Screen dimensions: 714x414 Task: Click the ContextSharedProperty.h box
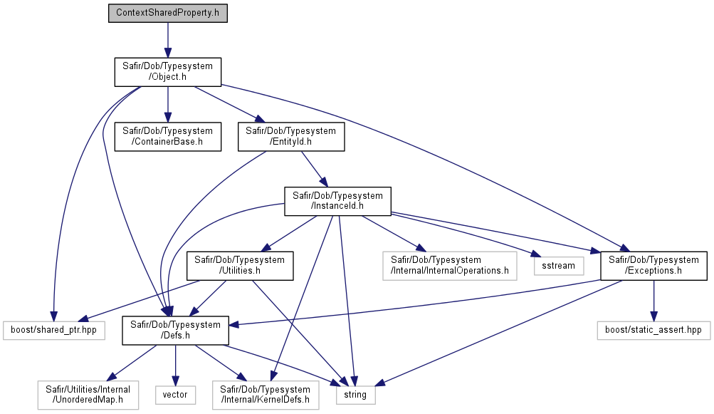click(167, 13)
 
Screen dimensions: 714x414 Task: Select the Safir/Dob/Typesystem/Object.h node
click(167, 71)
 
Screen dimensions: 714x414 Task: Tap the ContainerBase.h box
click(167, 136)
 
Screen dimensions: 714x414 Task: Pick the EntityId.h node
click(291, 136)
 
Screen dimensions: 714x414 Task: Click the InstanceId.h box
click(337, 201)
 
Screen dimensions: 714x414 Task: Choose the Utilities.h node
click(240, 265)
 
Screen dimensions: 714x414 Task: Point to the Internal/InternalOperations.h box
click(449, 265)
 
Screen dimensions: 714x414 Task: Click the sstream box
click(559, 266)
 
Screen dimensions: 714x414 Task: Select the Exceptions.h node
click(654, 265)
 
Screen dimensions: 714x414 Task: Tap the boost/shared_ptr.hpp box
click(53, 330)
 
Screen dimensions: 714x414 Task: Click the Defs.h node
click(175, 330)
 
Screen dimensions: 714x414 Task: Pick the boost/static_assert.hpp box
click(653, 330)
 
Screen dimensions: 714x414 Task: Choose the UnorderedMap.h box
click(88, 395)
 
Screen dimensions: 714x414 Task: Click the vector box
click(175, 395)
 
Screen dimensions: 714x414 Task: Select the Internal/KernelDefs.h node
click(266, 395)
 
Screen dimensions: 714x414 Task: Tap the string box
click(356, 395)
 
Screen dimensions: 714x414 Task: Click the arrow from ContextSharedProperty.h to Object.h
click(167, 40)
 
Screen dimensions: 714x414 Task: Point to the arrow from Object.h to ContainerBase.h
click(167, 105)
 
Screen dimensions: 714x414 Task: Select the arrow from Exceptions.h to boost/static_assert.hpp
click(654, 301)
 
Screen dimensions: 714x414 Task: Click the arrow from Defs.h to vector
click(175, 366)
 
